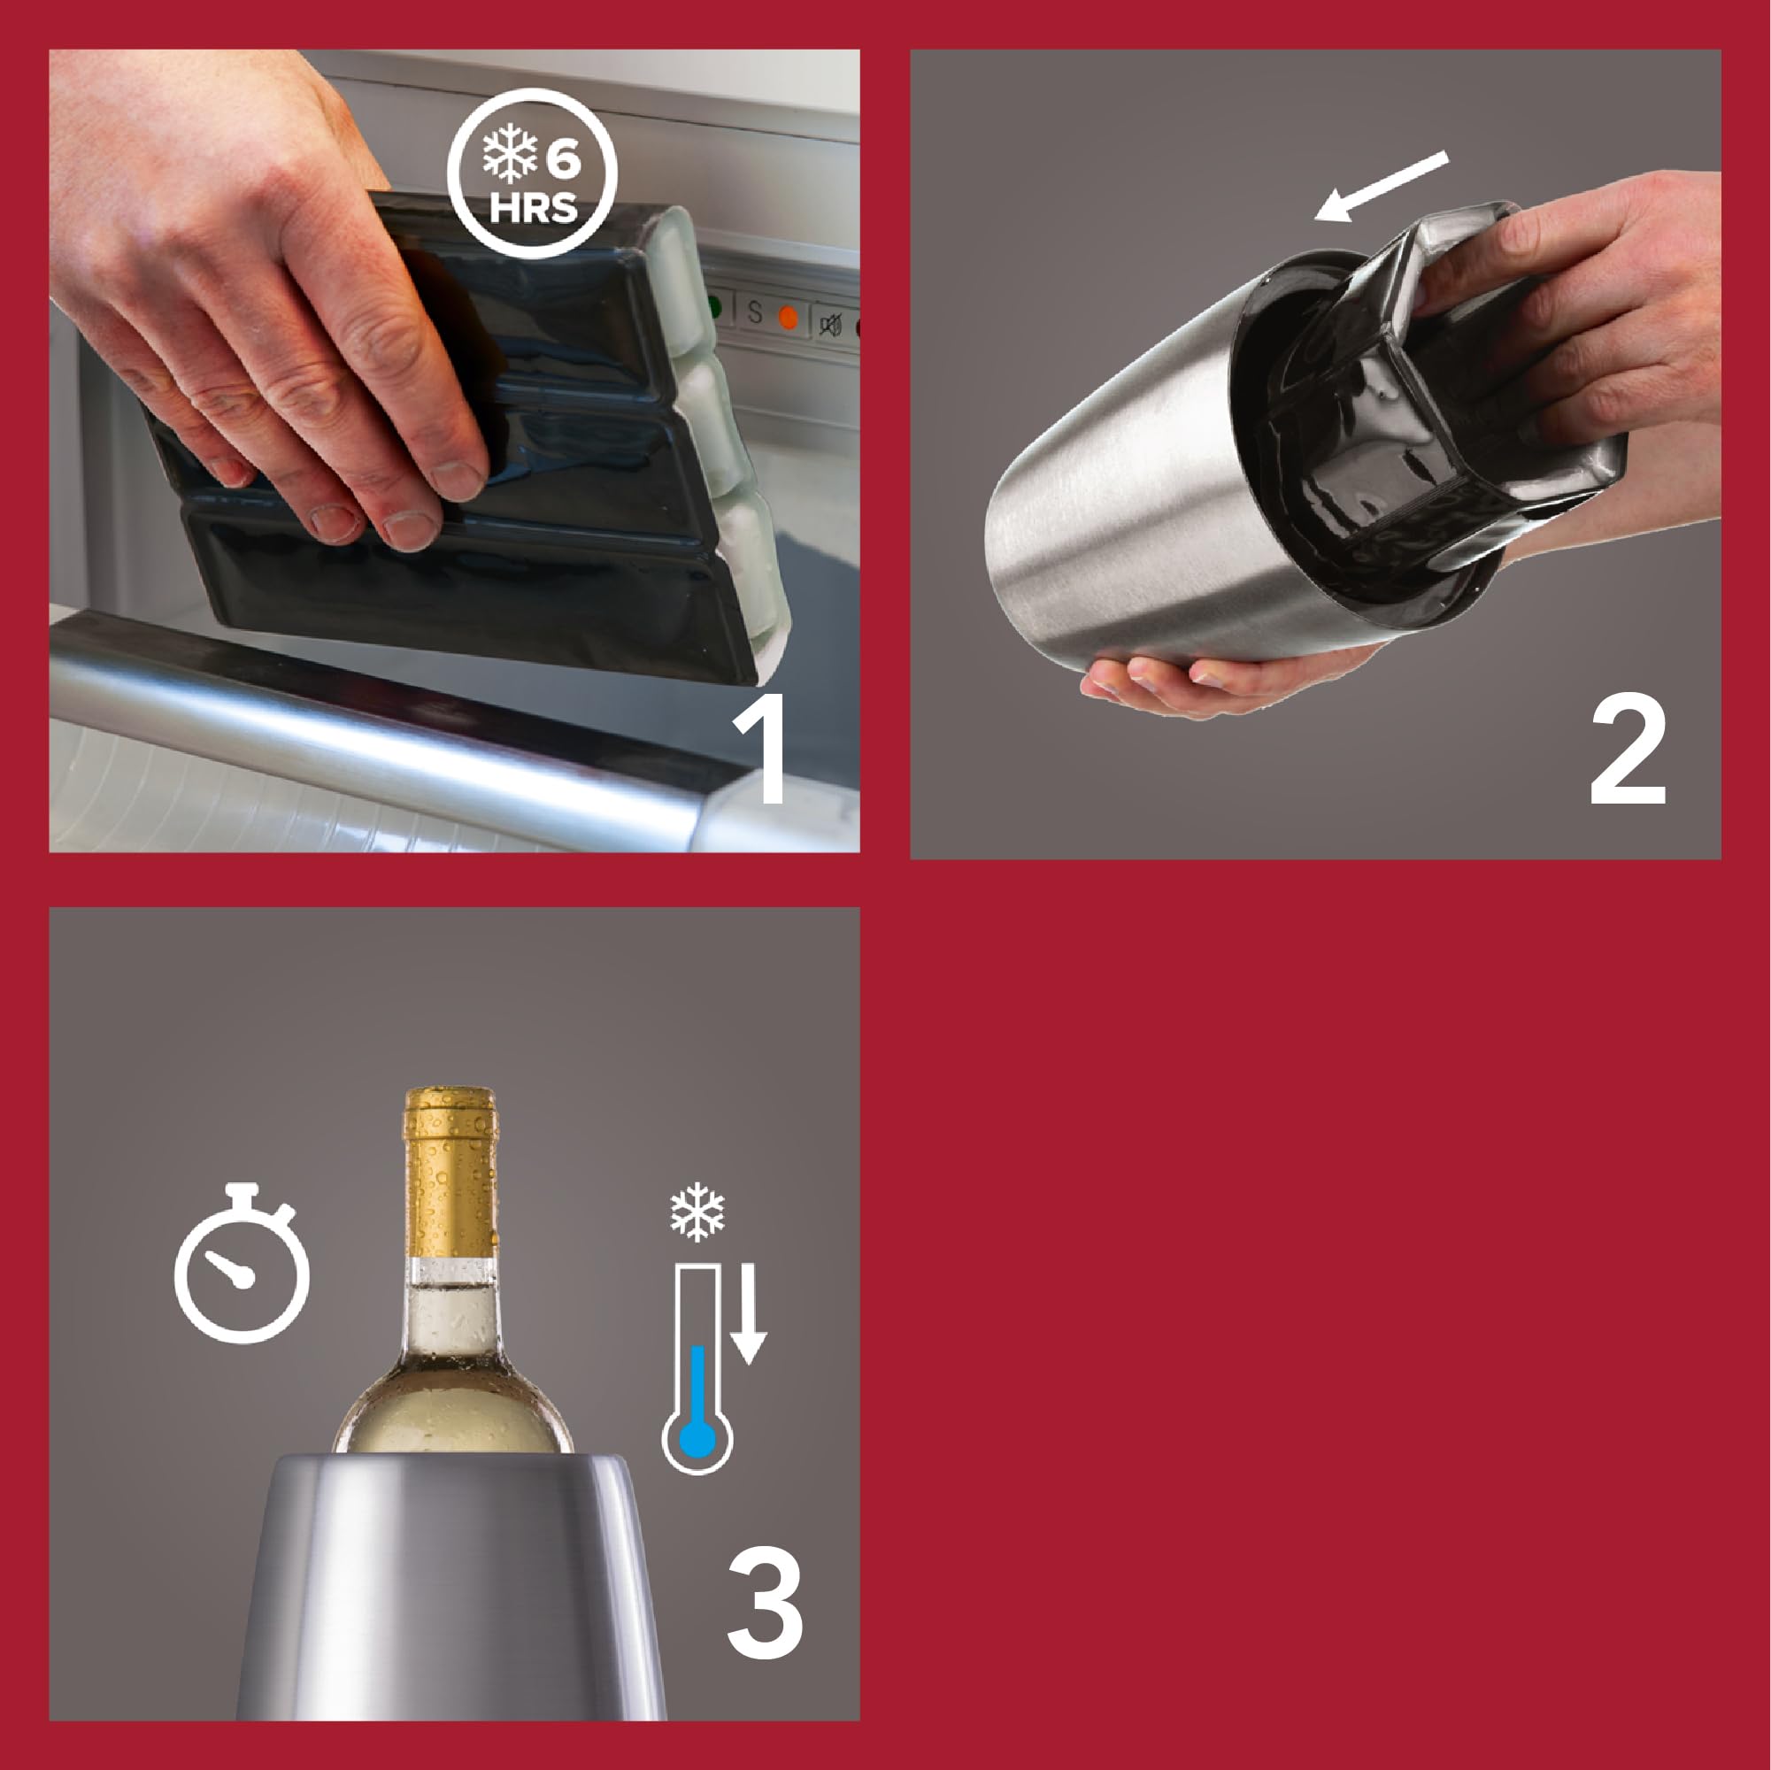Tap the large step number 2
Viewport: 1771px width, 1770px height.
(1628, 749)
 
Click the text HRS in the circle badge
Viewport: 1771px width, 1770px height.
(534, 208)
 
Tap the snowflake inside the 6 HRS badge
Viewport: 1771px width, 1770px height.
(510, 152)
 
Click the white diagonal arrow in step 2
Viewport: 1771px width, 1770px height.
(1382, 186)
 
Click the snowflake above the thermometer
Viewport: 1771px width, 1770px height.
(697, 1212)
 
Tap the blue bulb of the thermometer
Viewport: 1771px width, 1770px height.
(697, 1439)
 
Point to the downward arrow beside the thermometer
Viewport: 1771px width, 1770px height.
(749, 1313)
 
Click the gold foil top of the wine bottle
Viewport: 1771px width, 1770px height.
(451, 1174)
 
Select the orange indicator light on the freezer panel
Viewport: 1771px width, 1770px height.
(788, 317)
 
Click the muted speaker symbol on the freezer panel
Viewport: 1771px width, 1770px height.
(830, 324)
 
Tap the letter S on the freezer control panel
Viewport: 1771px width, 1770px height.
(754, 312)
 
